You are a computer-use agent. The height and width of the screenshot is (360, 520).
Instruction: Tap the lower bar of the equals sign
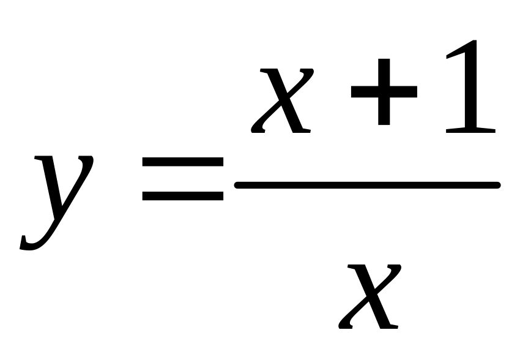[x=182, y=196]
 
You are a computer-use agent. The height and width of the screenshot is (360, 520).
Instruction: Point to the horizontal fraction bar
[x=367, y=184]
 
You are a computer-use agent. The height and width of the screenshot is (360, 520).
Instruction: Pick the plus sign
[x=384, y=92]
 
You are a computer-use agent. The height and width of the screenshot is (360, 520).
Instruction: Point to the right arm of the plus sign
[x=409, y=92]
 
